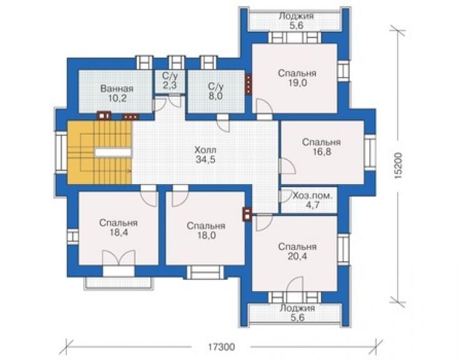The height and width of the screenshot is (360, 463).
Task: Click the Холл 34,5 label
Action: pyautogui.click(x=205, y=155)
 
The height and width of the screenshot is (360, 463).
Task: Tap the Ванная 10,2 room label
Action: pyautogui.click(x=117, y=93)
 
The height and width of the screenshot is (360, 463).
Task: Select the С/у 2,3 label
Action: pyautogui.click(x=170, y=80)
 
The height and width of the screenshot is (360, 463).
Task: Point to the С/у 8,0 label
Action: pyautogui.click(x=216, y=91)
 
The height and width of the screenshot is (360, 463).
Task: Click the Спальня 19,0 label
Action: pyautogui.click(x=297, y=78)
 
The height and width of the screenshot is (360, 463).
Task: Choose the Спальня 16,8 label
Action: pyautogui.click(x=321, y=147)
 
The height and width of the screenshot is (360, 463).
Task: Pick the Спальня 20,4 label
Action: pyautogui.click(x=297, y=252)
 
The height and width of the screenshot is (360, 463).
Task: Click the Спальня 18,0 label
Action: pyautogui.click(x=206, y=231)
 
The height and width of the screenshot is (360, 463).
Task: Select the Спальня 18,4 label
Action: pyautogui.click(x=118, y=228)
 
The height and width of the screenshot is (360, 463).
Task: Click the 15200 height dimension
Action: pyautogui.click(x=399, y=166)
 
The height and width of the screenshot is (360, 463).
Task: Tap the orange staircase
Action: pyautogui.click(x=99, y=153)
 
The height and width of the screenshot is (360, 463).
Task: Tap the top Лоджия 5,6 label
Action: pyautogui.click(x=296, y=21)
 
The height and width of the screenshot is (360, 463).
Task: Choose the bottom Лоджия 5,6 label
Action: pyautogui.click(x=297, y=312)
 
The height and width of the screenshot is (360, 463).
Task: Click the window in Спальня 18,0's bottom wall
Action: pyautogui.click(x=205, y=272)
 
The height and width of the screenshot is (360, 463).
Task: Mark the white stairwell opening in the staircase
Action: pyautogui.click(x=113, y=152)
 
